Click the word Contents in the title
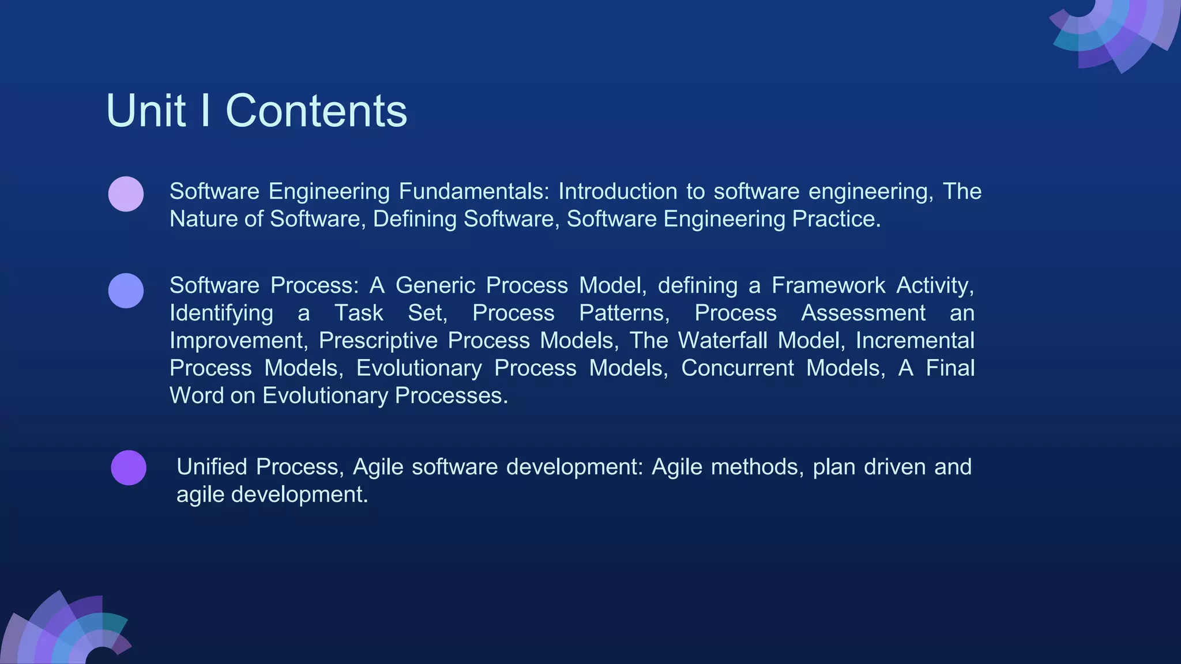316,111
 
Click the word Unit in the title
146,111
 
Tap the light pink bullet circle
126,194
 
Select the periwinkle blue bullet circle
126,290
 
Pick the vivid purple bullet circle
128,467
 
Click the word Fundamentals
474,191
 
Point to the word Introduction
618,191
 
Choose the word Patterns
624,313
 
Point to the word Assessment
863,313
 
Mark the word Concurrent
737,368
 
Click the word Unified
212,467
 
